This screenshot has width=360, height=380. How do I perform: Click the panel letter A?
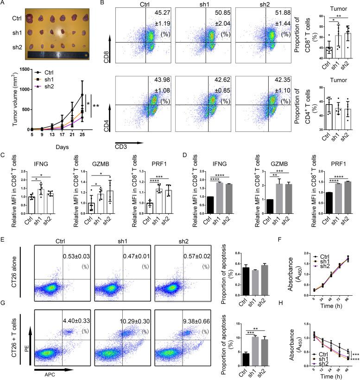coord(3,4)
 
